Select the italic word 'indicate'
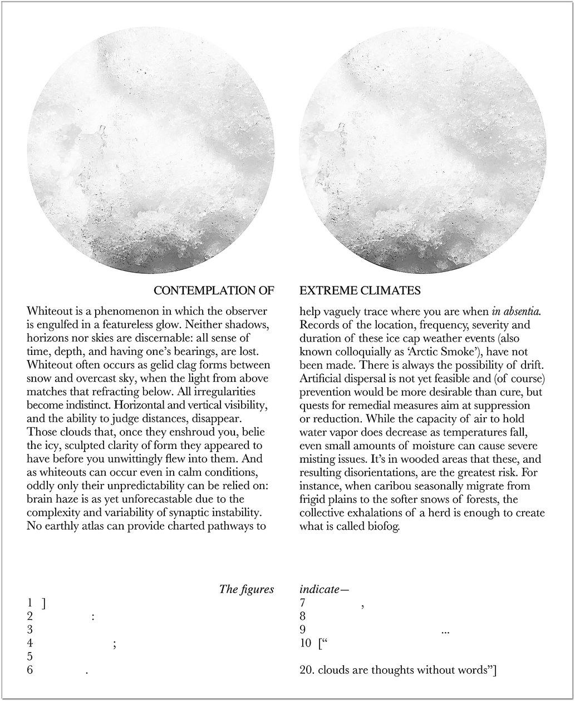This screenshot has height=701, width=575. pyautogui.click(x=320, y=590)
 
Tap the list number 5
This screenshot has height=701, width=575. pyautogui.click(x=30, y=657)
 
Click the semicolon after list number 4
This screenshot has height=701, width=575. pyautogui.click(x=114, y=644)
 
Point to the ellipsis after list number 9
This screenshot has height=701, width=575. pyautogui.click(x=445, y=631)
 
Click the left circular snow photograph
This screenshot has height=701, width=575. pyautogui.click(x=151, y=150)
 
